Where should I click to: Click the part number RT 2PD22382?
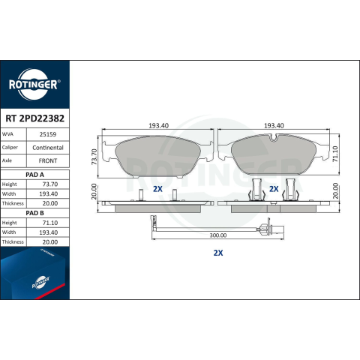coord(34,118)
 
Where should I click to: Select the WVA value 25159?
coord(48,134)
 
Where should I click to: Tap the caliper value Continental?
coord(48,148)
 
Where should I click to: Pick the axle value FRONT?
coord(48,160)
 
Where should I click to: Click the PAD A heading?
coord(34,175)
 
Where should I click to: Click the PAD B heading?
coord(34,213)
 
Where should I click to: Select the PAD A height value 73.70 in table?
coord(50,184)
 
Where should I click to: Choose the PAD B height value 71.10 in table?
coord(50,223)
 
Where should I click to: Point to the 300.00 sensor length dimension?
coord(218,235)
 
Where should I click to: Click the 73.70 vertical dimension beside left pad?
coord(94,157)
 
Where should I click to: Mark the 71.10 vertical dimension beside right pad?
coord(335,154)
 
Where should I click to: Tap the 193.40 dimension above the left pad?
coord(158,125)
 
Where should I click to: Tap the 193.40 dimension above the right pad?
coord(274,125)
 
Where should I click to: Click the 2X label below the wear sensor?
coord(218,253)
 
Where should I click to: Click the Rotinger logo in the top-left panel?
coord(34,85)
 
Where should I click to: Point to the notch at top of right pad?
coord(274,138)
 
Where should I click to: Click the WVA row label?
coord(7,134)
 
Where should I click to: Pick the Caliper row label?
coord(10,148)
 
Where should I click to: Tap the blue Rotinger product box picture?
coord(34,273)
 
